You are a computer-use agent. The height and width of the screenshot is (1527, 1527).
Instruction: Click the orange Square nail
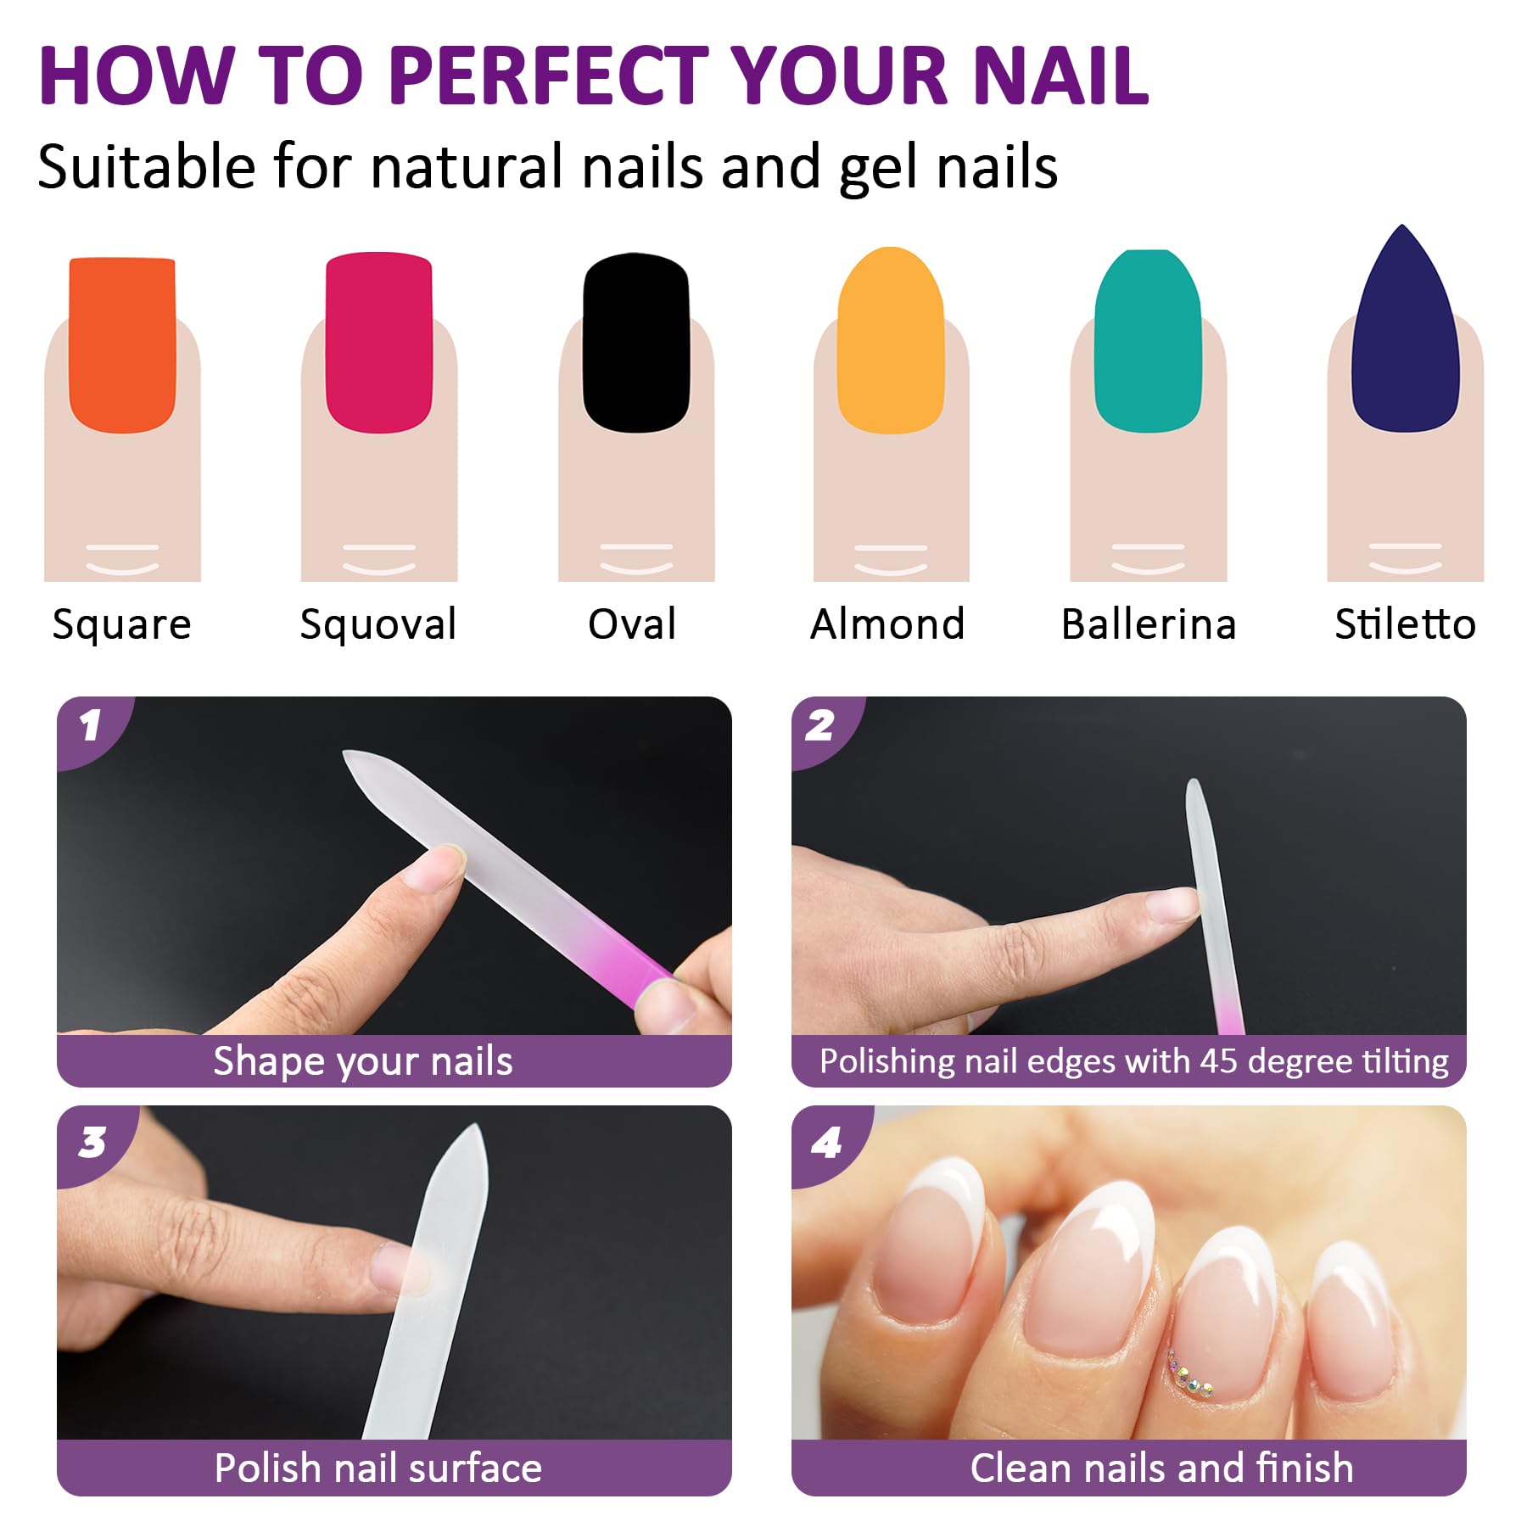tap(122, 345)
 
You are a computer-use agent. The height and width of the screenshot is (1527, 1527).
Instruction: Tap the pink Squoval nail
tap(379, 343)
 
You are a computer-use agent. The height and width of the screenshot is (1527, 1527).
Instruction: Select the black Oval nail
tap(636, 343)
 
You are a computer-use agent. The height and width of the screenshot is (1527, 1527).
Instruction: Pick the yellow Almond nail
tap(891, 340)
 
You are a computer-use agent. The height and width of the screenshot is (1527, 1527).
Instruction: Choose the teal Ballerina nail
tap(1149, 341)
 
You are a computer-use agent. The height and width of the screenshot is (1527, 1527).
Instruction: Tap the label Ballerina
tap(1149, 624)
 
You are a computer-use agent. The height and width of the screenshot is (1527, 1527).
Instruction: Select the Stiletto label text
tap(1406, 624)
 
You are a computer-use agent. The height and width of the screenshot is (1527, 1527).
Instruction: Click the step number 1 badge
tap(91, 726)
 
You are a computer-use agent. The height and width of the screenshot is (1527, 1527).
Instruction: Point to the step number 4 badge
tap(826, 1142)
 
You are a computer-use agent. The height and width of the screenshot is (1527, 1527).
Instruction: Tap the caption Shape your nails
tap(363, 1062)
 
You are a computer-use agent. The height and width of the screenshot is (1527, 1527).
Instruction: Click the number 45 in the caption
tap(1218, 1061)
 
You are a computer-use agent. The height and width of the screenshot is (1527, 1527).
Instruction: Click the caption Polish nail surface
tap(378, 1468)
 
